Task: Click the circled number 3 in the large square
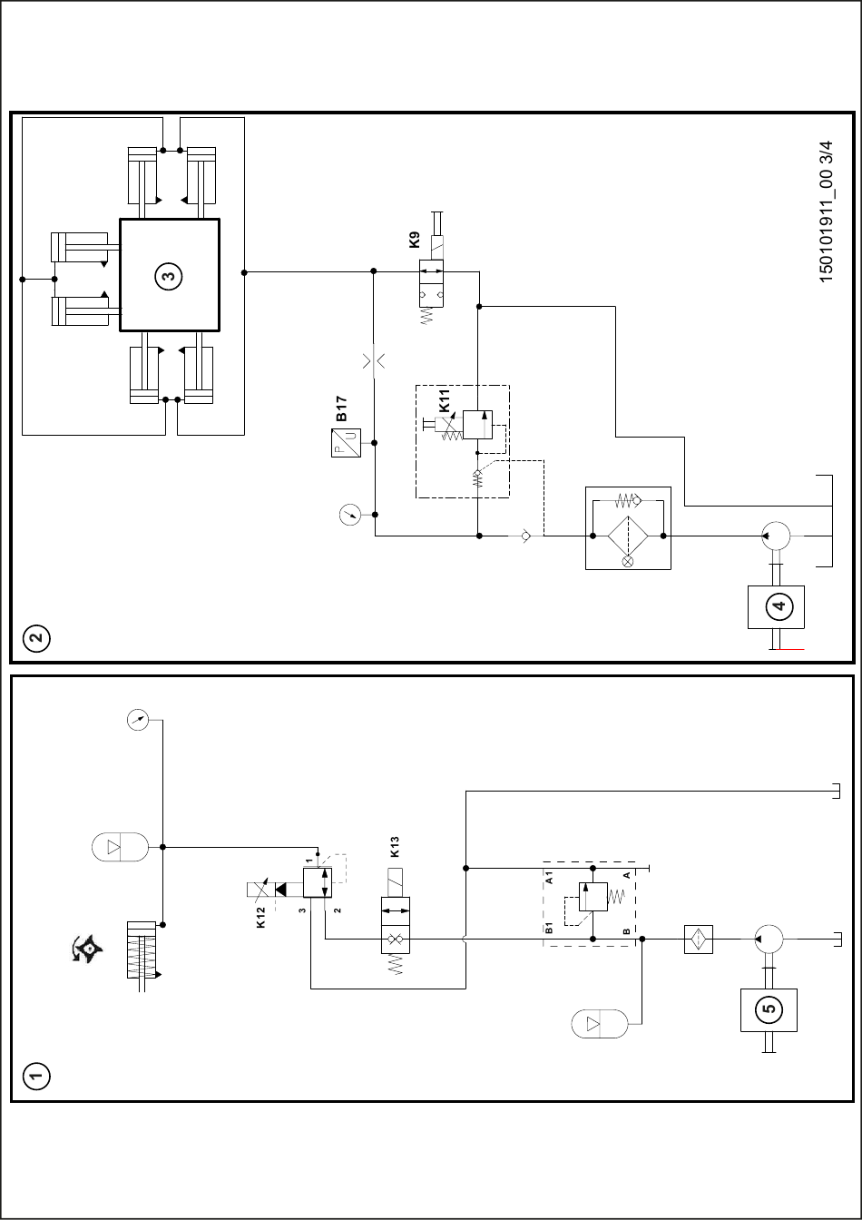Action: coord(169,276)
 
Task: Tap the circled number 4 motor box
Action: coord(776,606)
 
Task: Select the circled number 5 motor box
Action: coord(769,1009)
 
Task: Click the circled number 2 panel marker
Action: coord(36,638)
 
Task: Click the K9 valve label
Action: coord(415,240)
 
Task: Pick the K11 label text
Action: coord(445,400)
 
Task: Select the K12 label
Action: coord(260,917)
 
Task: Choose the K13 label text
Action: coord(395,847)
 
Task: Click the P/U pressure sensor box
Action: coord(346,443)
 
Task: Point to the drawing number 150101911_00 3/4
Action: coord(826,212)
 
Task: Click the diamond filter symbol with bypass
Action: coord(628,536)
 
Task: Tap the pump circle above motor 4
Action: coord(776,536)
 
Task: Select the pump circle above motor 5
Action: coord(769,939)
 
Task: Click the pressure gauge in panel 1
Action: coord(138,720)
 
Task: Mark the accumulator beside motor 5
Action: coord(600,1024)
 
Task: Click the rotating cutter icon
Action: coord(87,949)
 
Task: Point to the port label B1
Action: coord(549,928)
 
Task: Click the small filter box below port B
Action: coord(698,939)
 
